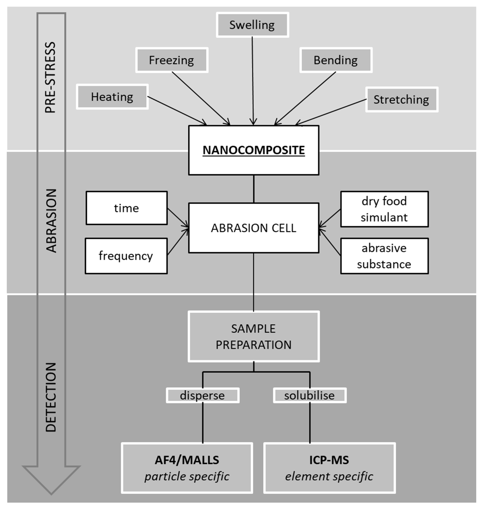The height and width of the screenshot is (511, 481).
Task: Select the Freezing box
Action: click(172, 60)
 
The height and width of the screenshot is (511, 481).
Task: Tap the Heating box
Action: click(112, 97)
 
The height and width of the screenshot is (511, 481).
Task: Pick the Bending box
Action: click(336, 60)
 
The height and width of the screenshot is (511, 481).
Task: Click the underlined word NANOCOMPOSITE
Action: click(254, 150)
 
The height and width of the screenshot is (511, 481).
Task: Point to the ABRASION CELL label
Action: click(254, 228)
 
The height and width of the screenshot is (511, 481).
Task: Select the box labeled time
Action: click(127, 208)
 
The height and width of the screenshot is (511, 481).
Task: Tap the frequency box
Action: click(126, 256)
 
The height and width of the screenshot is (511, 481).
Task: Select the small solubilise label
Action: click(309, 395)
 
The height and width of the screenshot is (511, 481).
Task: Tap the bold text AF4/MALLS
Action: click(187, 460)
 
